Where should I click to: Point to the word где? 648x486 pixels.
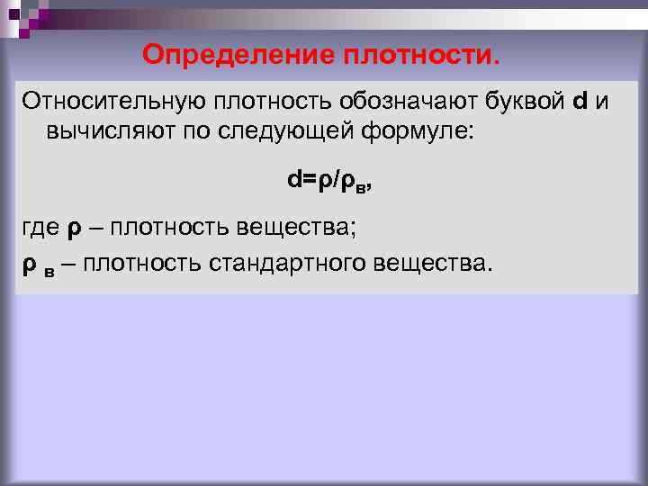pyautogui.click(x=39, y=229)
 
